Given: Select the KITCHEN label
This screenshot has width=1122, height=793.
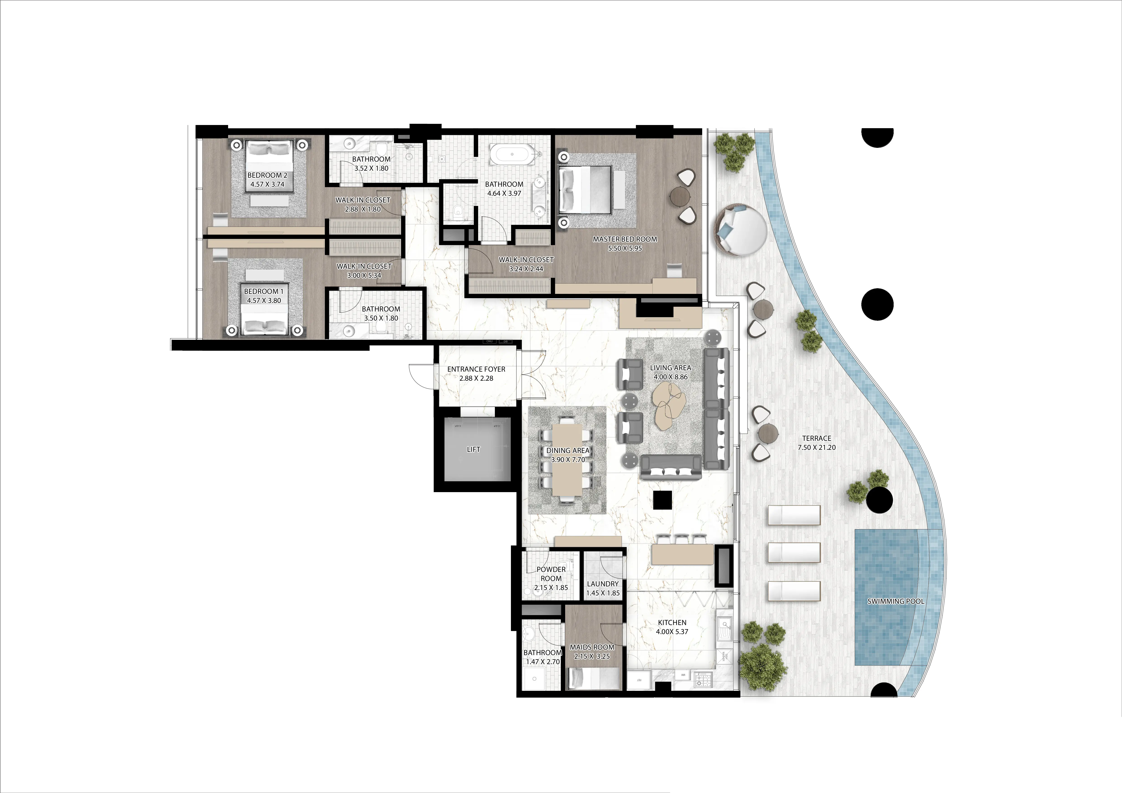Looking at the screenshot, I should (x=672, y=623).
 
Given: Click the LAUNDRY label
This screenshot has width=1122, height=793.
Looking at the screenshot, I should (x=602, y=584).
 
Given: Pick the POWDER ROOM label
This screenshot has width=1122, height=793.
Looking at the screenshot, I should (x=551, y=574).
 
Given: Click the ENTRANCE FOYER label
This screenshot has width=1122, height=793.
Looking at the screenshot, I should (x=476, y=369).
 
